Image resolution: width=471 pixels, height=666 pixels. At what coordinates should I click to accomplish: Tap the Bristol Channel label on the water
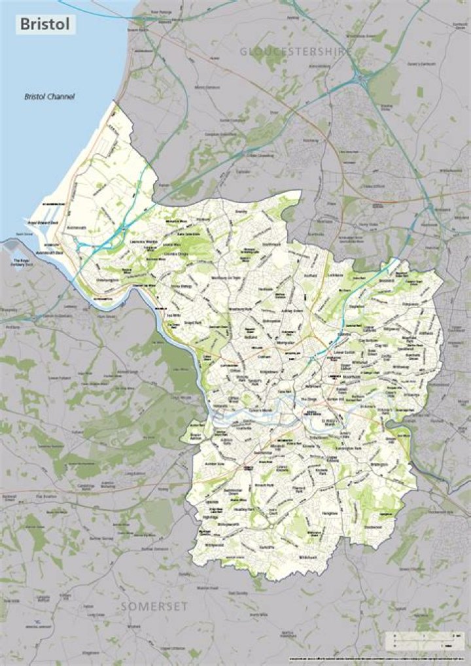(50, 97)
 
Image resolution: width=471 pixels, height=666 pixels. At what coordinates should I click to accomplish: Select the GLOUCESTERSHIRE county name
(296, 51)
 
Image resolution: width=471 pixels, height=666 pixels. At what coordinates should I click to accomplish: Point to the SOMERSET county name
(154, 607)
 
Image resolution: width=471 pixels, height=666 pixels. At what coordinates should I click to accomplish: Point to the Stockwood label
(372, 525)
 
